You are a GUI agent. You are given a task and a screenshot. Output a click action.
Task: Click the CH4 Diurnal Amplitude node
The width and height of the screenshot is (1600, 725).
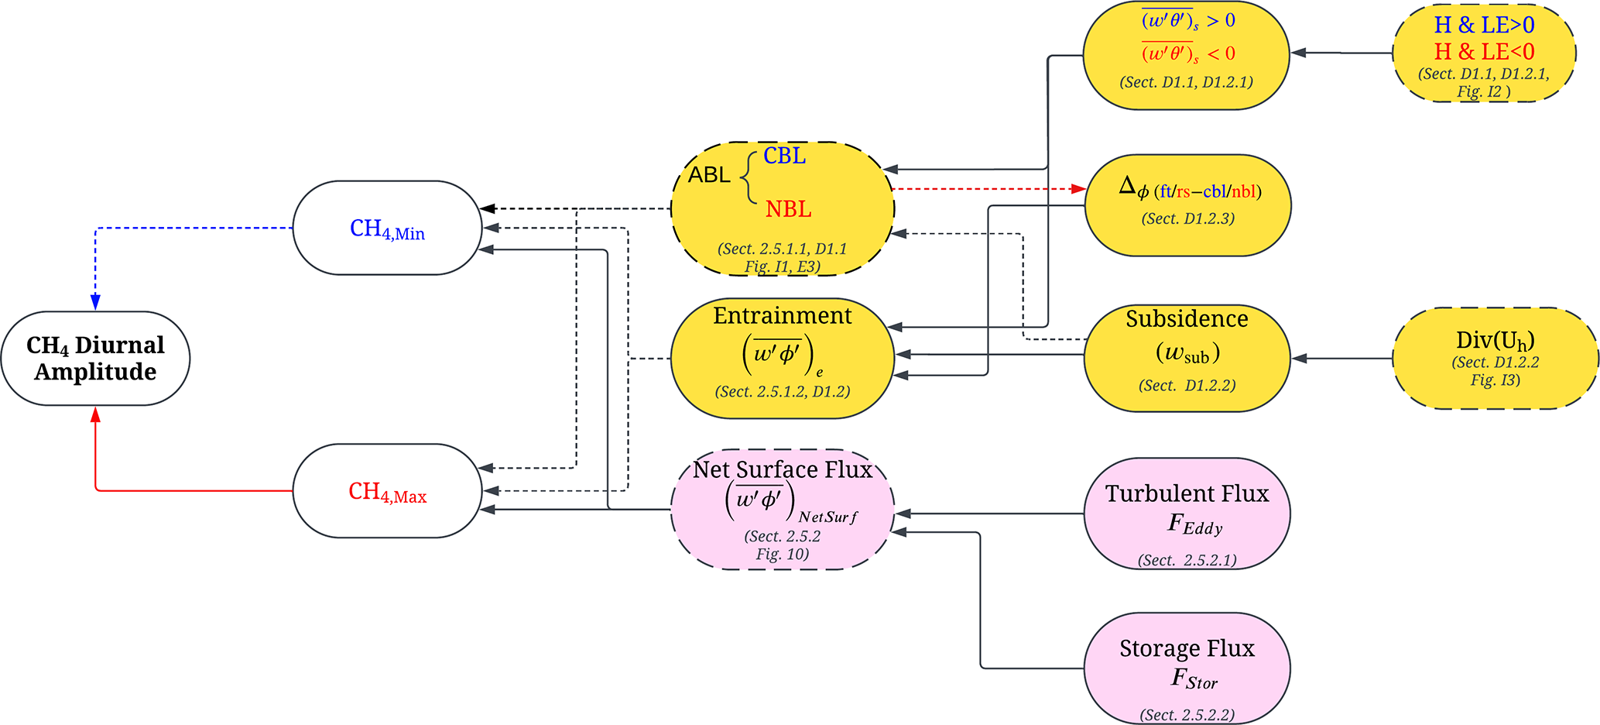click(95, 358)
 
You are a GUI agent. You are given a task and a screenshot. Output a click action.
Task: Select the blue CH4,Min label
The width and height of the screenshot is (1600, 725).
click(387, 229)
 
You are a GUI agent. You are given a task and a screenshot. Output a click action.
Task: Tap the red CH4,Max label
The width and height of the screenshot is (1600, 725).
click(387, 492)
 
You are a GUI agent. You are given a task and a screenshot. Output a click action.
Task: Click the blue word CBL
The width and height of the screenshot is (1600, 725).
click(784, 156)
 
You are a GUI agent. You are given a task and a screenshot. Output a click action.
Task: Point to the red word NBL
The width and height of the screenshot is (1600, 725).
click(788, 209)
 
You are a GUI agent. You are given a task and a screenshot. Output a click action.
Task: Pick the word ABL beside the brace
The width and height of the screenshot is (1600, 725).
click(709, 175)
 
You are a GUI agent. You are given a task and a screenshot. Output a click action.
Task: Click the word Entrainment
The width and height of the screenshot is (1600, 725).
click(782, 316)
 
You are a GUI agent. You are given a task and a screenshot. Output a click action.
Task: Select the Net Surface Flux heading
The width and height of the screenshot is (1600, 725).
click(782, 469)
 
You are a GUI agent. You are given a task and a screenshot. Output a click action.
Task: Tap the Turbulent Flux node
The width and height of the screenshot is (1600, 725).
click(1187, 511)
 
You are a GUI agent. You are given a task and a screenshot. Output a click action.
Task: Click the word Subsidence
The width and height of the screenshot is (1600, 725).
click(1187, 319)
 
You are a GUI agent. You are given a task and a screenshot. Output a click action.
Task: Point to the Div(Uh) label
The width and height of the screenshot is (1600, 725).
click(1495, 341)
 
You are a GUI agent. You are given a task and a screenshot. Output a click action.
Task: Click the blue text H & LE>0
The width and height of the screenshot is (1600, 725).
click(1484, 26)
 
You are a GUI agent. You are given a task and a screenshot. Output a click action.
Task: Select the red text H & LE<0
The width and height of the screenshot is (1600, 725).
click(1484, 52)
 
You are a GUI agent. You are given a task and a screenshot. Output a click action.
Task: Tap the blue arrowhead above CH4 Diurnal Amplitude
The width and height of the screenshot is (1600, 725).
click(95, 302)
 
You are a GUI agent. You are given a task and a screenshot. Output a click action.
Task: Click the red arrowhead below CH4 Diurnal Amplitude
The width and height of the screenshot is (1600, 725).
click(95, 415)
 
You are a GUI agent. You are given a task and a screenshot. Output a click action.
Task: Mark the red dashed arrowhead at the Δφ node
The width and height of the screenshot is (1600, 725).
click(1078, 188)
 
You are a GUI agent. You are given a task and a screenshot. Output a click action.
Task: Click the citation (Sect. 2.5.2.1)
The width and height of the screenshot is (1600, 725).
click(1187, 560)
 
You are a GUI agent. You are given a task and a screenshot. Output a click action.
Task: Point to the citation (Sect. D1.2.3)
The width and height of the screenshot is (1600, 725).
click(1187, 219)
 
